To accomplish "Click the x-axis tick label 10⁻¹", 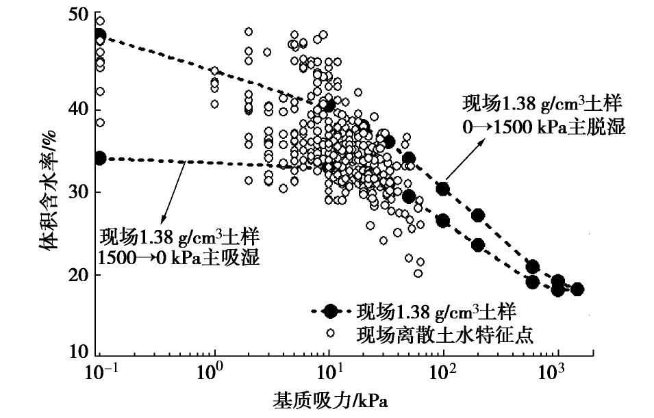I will pos(100,375).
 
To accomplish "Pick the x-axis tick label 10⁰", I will pos(215,375).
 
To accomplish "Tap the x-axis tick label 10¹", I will pos(329,375).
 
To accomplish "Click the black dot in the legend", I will pos(331,312).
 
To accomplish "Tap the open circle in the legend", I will pos(331,333).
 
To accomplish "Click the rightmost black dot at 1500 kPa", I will pos(577,289).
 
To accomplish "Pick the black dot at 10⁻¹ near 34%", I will pos(100,158).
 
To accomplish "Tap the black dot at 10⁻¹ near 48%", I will pos(100,36).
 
